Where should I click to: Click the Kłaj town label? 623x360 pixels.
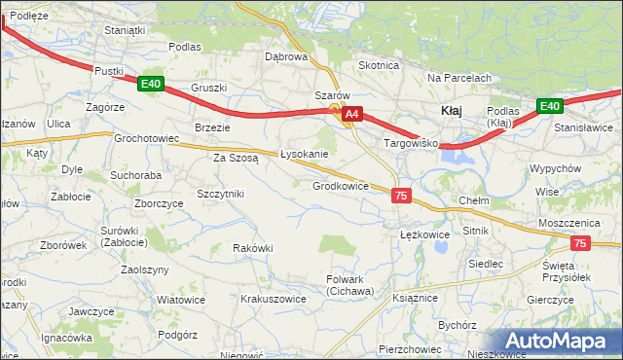[x=451, y=111]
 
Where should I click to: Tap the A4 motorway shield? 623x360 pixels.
[x=352, y=115]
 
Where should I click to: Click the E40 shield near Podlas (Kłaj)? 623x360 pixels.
[x=550, y=106]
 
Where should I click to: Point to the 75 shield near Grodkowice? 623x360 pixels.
[x=401, y=196]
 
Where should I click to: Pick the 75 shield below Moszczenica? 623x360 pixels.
[x=580, y=243]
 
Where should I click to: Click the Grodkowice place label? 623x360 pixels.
[x=340, y=186]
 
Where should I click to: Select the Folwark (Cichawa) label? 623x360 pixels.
[x=349, y=285]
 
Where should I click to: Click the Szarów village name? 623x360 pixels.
[x=331, y=95]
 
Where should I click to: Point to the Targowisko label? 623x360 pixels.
[x=412, y=143]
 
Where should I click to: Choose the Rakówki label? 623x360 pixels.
[x=252, y=248]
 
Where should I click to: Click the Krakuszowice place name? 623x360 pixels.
[x=274, y=299]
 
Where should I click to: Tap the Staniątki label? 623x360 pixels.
[x=125, y=30]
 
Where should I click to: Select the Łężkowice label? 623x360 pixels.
[x=424, y=234]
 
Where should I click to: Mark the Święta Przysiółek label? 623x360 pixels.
[x=568, y=271]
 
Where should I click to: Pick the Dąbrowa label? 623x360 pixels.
[x=286, y=56]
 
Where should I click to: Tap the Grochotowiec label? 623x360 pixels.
[x=147, y=139]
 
